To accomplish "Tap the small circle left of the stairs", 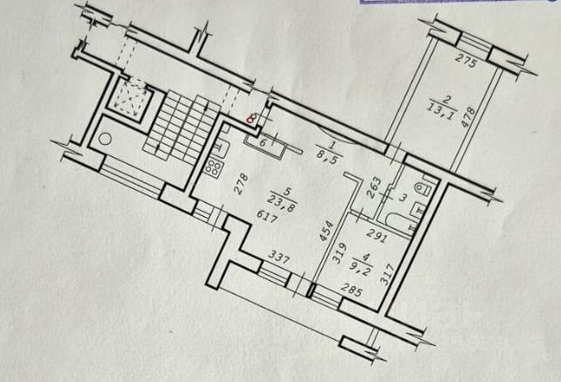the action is coord(106,138).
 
